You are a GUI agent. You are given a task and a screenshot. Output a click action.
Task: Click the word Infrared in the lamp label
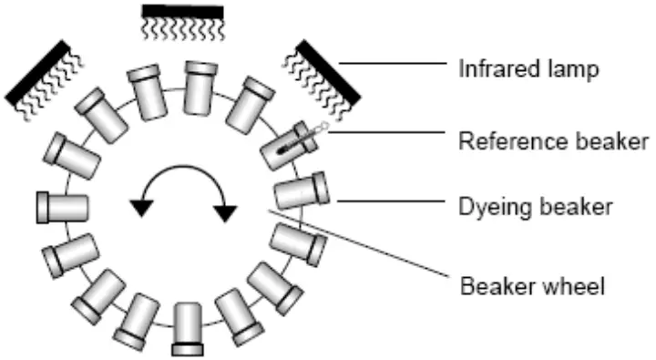click(491, 69)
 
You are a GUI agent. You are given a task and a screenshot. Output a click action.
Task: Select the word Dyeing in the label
click(485, 207)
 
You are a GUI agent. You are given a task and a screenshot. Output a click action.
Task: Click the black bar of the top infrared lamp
click(182, 11)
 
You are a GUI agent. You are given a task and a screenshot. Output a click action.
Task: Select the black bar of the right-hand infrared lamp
click(329, 72)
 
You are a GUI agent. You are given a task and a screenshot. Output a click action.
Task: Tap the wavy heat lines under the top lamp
click(183, 29)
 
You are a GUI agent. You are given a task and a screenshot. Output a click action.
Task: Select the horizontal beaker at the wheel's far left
click(61, 207)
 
